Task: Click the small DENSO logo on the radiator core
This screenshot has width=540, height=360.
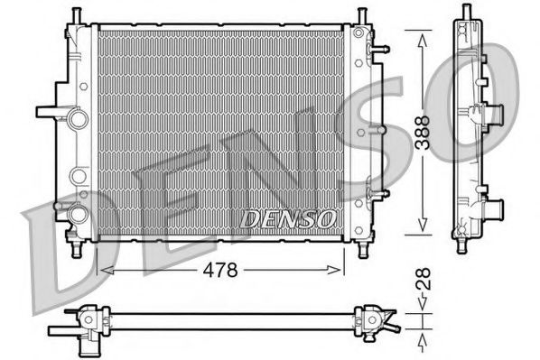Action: pyautogui.click(x=288, y=218)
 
